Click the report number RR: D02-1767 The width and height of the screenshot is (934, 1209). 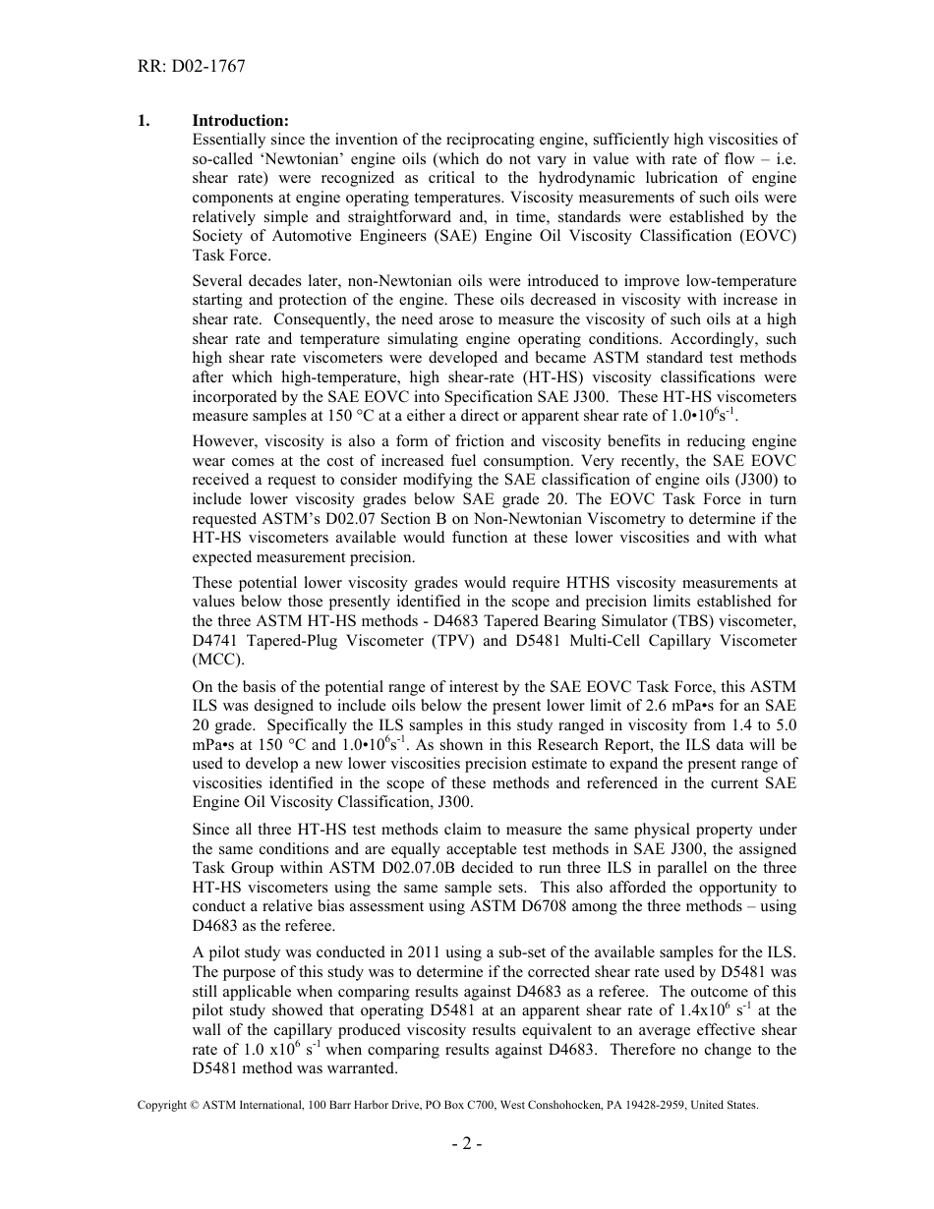[x=192, y=67]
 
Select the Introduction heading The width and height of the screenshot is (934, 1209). [x=240, y=121]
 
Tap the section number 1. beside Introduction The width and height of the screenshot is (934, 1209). [x=145, y=121]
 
